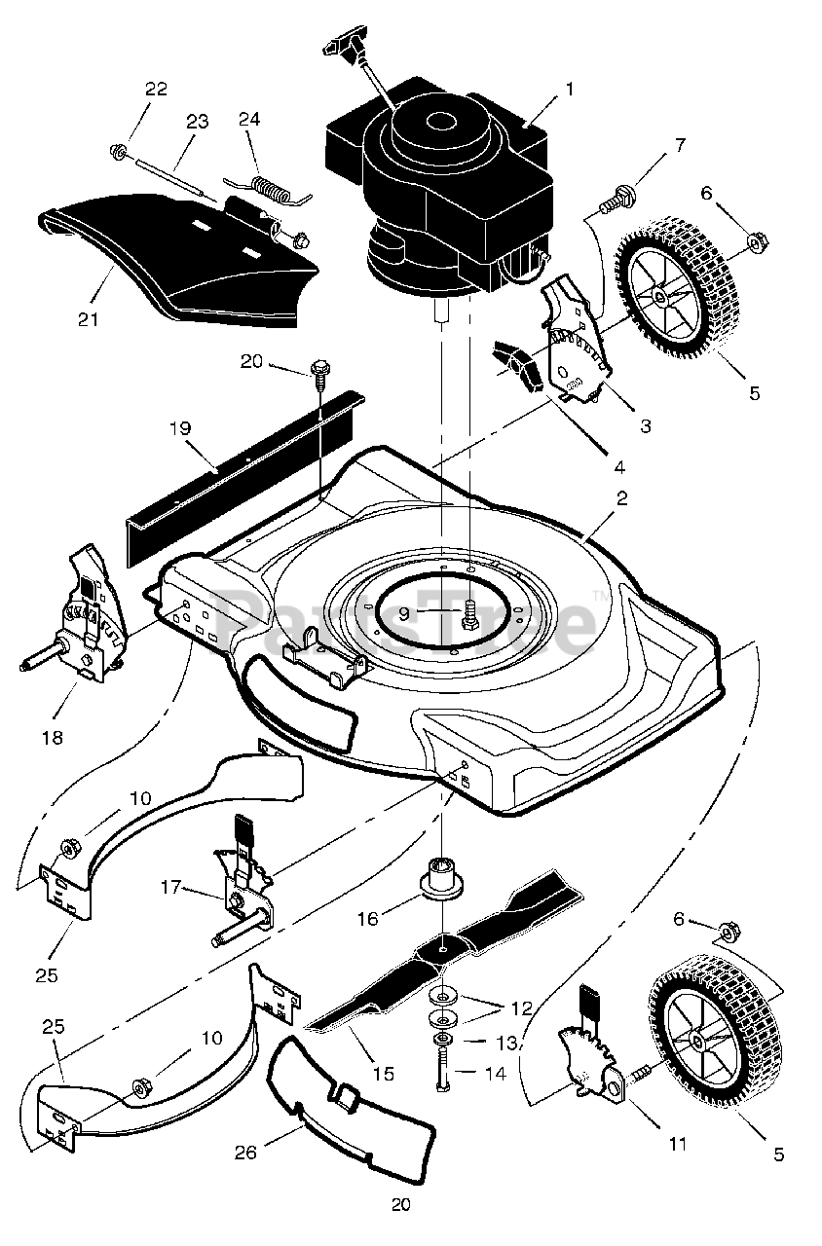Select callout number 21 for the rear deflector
coord(89,318)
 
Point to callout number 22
coord(156,90)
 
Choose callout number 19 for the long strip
coord(178,428)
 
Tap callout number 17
coord(171,887)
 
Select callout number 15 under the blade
coord(383,1073)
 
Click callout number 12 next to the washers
coord(522,1008)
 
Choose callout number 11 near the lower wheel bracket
coord(677,1144)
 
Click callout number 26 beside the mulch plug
coord(245,1153)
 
